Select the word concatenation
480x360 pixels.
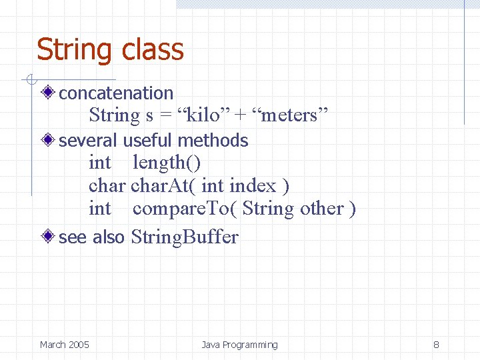click(116, 93)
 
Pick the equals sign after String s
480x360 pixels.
click(165, 116)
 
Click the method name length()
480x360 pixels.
click(167, 162)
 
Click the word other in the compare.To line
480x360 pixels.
click(322, 209)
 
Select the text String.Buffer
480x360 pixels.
click(185, 237)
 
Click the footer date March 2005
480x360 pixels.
click(64, 345)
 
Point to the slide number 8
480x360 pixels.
click(436, 345)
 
